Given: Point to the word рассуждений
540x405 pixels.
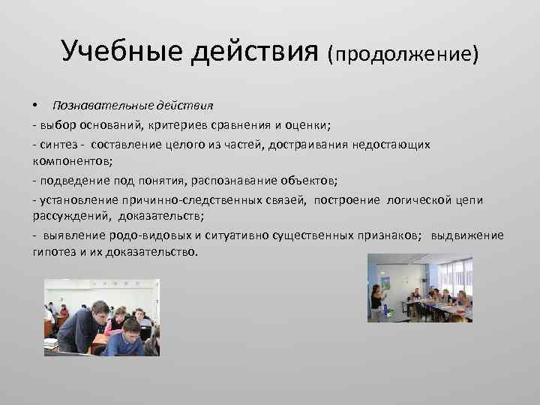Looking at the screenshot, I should coord(70,217).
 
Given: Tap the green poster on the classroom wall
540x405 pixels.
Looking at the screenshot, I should coord(386,283).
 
